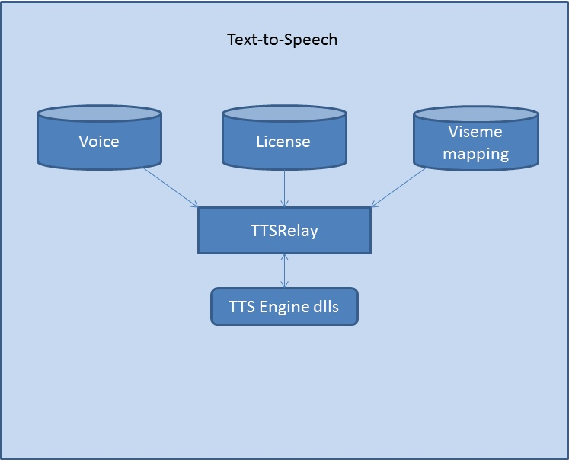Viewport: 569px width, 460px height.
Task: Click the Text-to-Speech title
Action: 282,40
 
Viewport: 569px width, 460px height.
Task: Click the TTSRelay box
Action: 284,230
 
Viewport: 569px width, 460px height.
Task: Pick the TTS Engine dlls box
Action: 284,306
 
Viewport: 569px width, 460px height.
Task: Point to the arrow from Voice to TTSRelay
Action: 169,187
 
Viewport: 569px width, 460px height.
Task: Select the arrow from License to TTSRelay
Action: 284,187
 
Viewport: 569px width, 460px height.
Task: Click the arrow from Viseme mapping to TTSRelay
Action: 400,187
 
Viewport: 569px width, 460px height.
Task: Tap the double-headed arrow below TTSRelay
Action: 284,270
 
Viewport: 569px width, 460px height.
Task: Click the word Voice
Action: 99,142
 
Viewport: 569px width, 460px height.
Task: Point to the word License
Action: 283,142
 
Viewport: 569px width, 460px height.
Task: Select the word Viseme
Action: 475,132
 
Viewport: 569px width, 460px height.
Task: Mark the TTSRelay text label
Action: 284,231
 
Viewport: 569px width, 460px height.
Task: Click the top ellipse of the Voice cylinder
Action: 99,113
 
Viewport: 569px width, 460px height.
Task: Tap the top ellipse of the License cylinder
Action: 283,113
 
